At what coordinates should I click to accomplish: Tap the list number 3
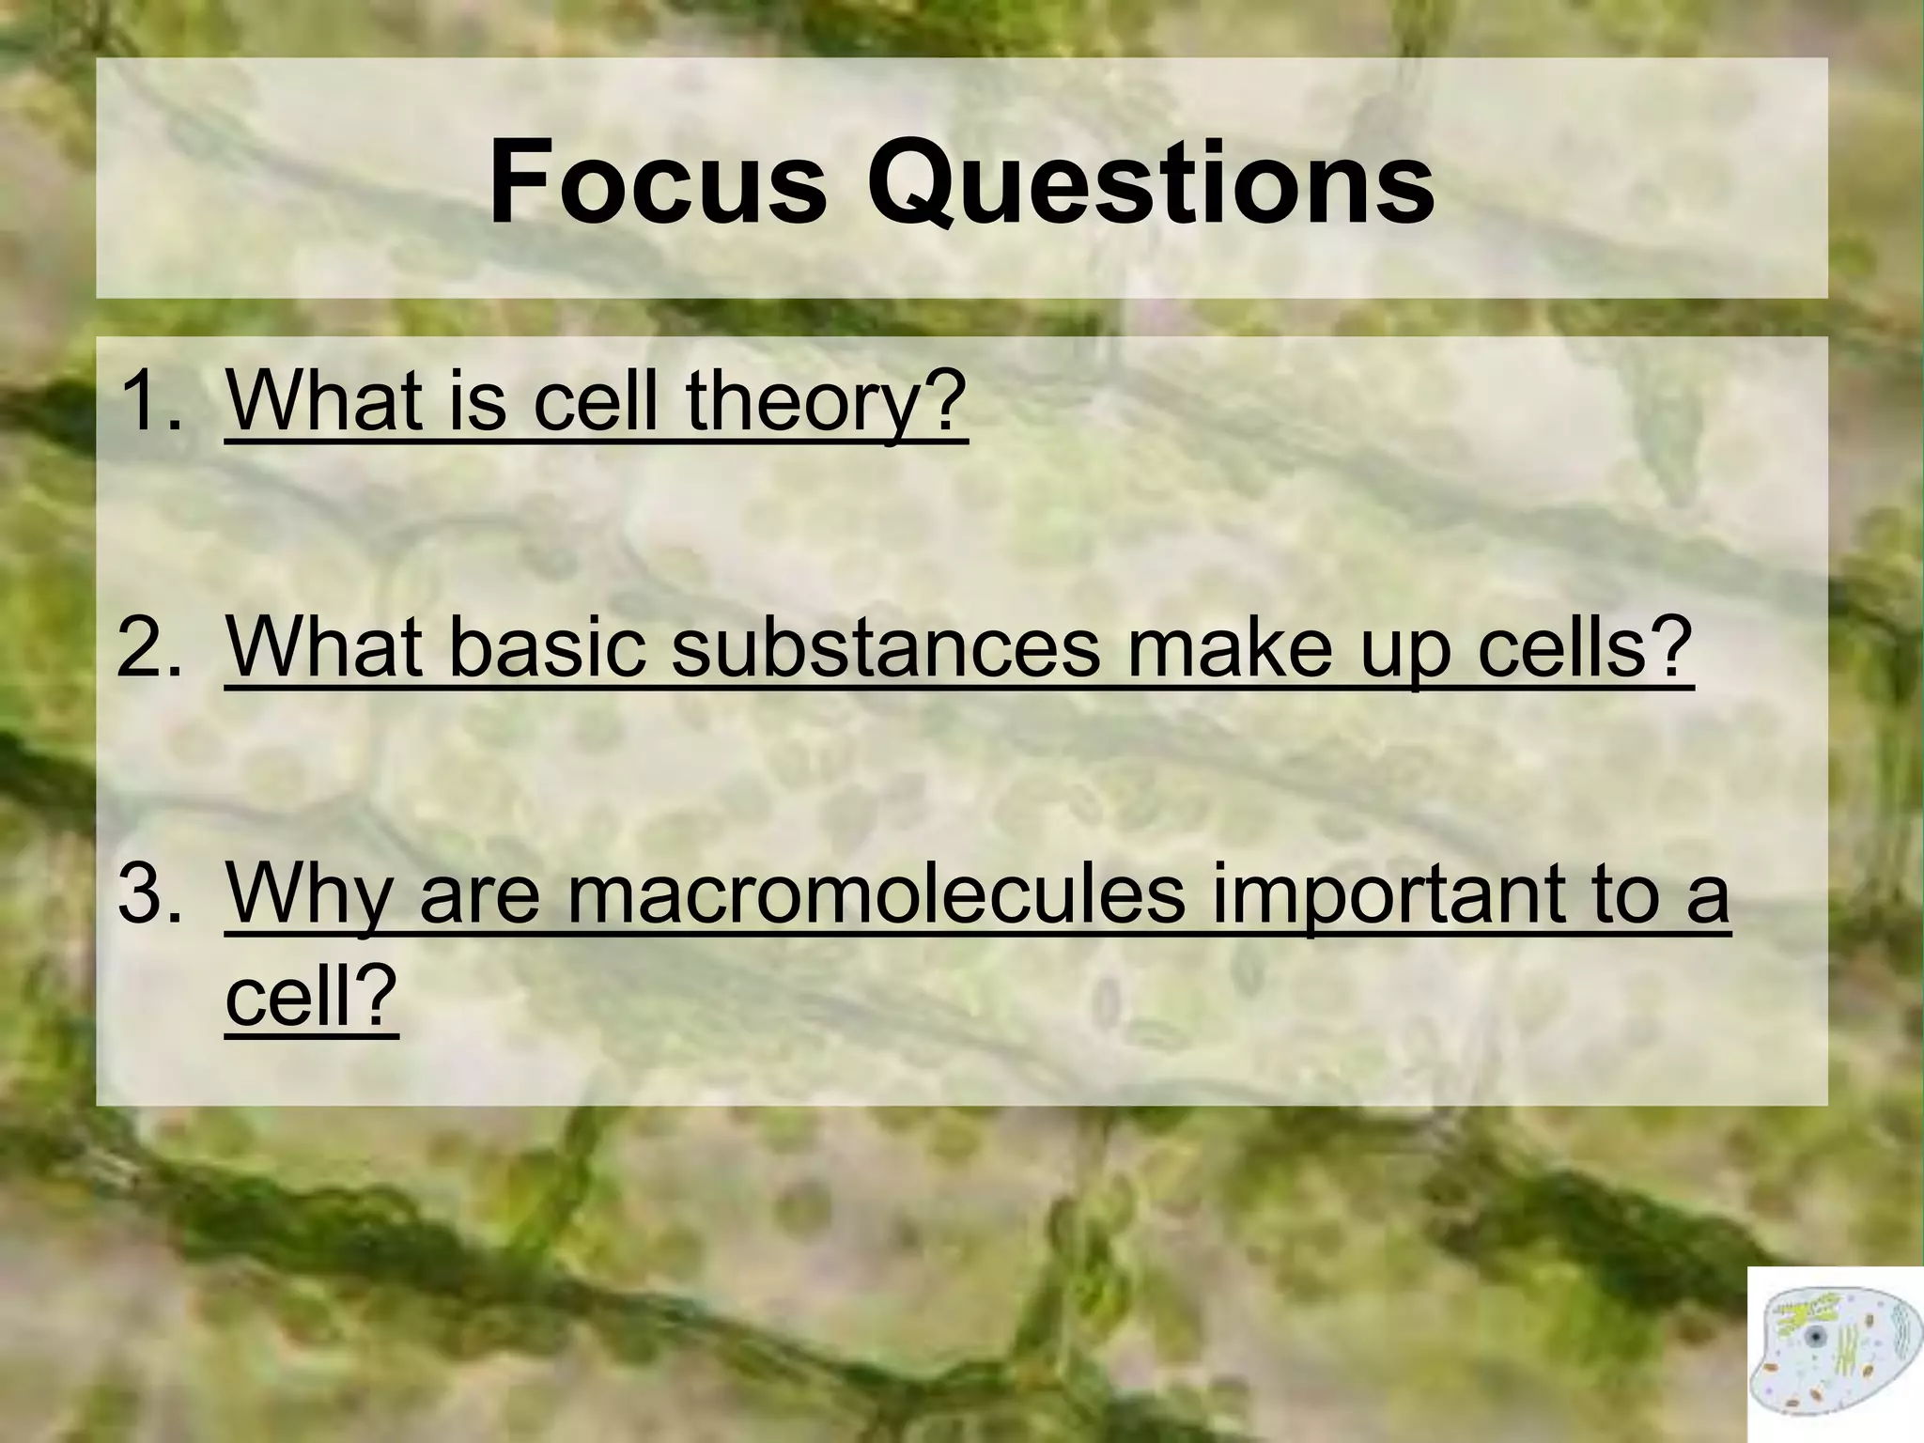click(x=150, y=894)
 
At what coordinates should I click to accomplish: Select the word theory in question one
click(x=826, y=404)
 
